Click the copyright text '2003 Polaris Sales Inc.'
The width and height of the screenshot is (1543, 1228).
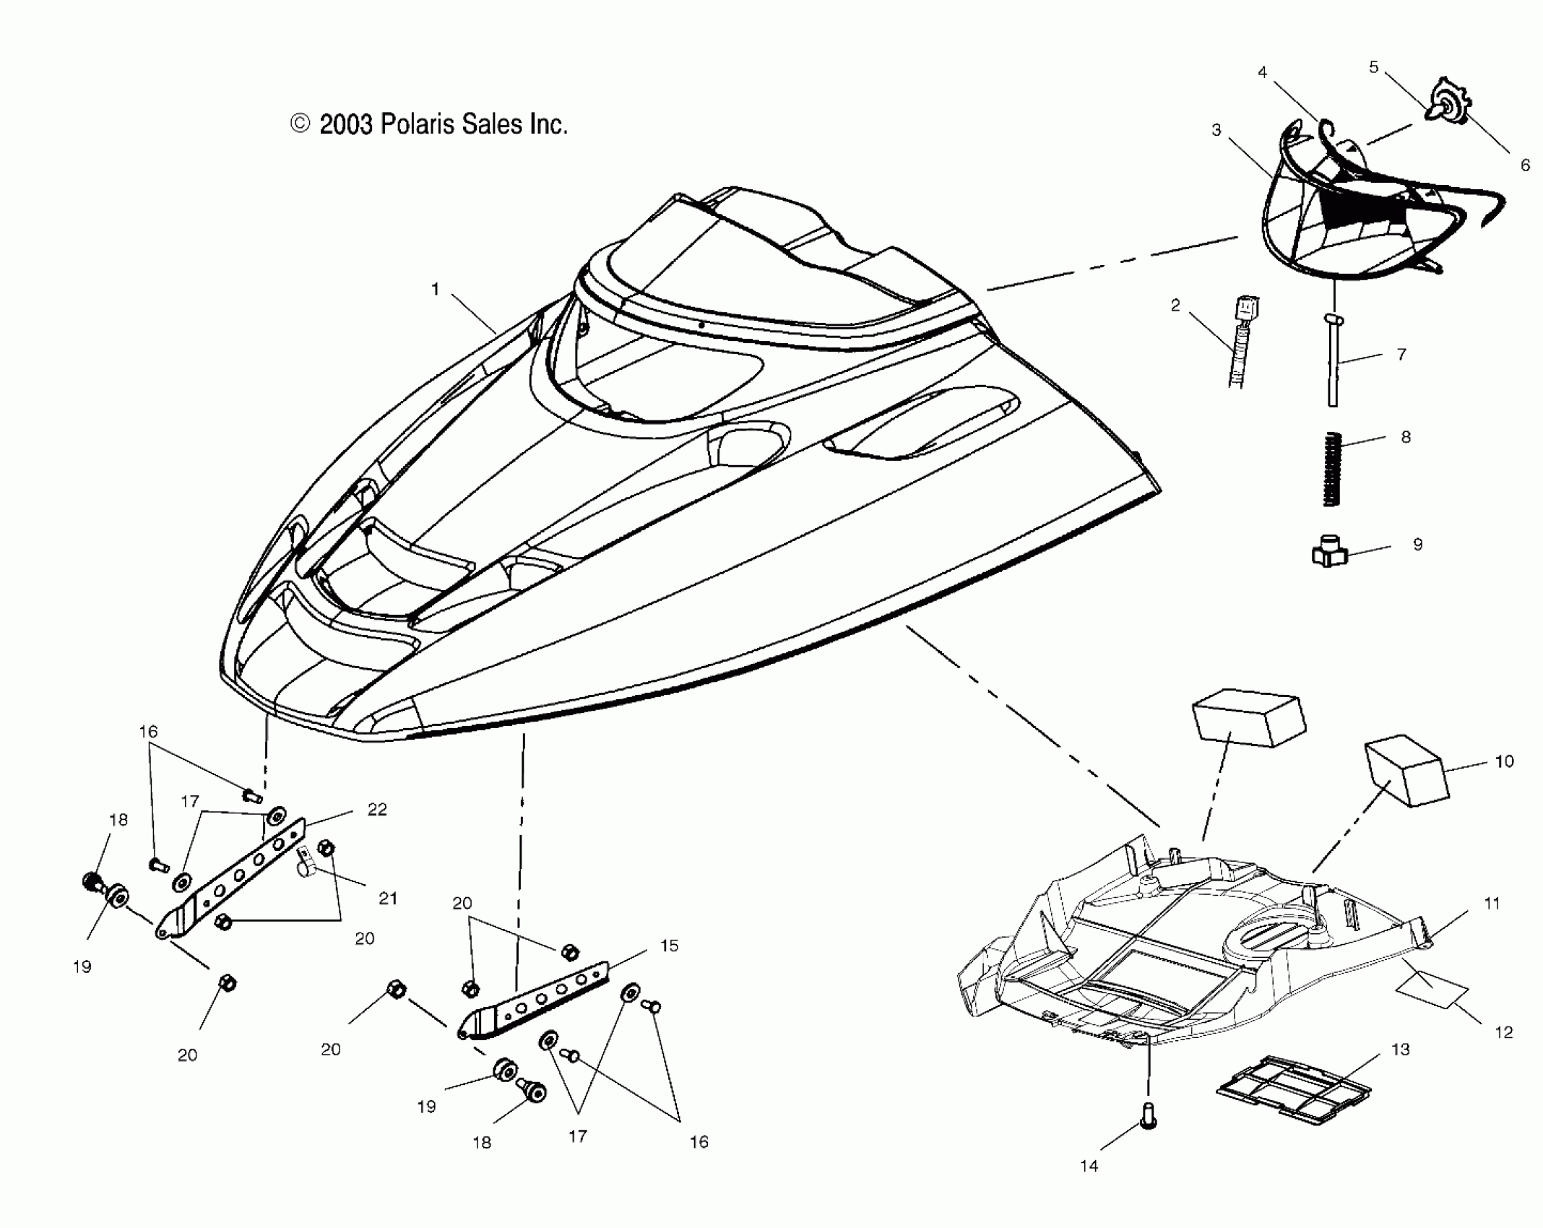pyautogui.click(x=430, y=124)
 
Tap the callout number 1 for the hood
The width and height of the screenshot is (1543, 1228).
pyautogui.click(x=435, y=290)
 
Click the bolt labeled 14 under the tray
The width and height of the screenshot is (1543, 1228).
pyautogui.click(x=1149, y=1136)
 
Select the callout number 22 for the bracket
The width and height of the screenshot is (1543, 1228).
pyautogui.click(x=377, y=809)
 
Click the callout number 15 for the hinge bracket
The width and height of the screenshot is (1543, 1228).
pyautogui.click(x=670, y=946)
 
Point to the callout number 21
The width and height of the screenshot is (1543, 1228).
pyautogui.click(x=388, y=898)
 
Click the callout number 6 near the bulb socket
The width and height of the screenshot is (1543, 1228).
pyautogui.click(x=1525, y=165)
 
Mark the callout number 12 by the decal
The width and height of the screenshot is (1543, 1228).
pyautogui.click(x=1504, y=1032)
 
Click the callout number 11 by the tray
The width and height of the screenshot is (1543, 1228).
pyautogui.click(x=1492, y=902)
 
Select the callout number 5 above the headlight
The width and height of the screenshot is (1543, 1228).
pyautogui.click(x=1373, y=67)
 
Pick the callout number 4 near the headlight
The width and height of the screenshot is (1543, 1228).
pyautogui.click(x=1262, y=72)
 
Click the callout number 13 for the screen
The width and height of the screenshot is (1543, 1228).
pyautogui.click(x=1401, y=1050)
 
